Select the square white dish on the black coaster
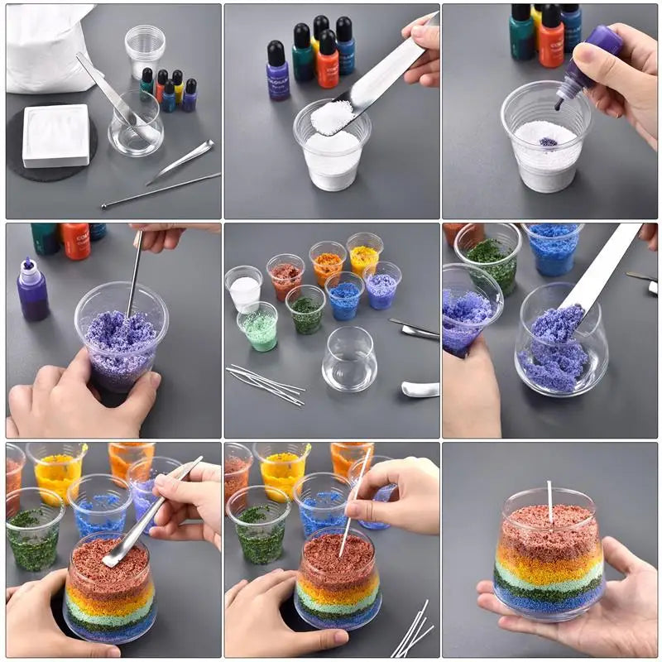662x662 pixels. tap(55, 135)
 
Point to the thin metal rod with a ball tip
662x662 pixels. tap(161, 190)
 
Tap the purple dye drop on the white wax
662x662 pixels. tap(548, 142)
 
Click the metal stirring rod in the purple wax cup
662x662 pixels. tap(134, 273)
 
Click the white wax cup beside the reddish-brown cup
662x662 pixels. tap(244, 290)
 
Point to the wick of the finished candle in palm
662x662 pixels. tap(549, 502)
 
